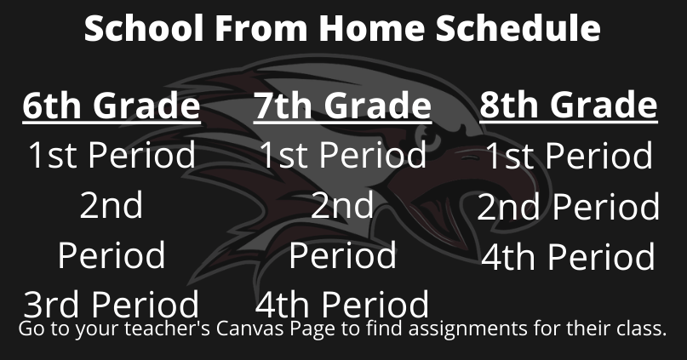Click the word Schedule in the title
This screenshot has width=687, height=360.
pos(518,27)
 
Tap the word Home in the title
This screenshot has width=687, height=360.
pos(371,27)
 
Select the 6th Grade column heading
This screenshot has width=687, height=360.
pos(112,106)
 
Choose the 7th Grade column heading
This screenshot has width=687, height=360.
pos(342,106)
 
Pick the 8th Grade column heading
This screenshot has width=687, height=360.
pos(569,105)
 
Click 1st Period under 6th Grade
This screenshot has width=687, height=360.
pos(112,155)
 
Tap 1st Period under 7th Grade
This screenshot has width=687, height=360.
pos(342,155)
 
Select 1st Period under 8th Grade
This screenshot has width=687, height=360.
pos(569,156)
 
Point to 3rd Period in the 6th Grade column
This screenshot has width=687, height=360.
pos(112,305)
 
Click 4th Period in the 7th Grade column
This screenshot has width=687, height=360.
pos(341,305)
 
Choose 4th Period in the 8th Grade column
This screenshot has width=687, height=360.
pos(569,256)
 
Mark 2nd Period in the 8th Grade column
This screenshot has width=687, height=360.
pos(569,206)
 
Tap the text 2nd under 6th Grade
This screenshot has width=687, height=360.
pos(112,205)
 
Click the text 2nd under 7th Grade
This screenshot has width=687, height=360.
pos(342,205)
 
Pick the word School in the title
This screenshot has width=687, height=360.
pos(145,27)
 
